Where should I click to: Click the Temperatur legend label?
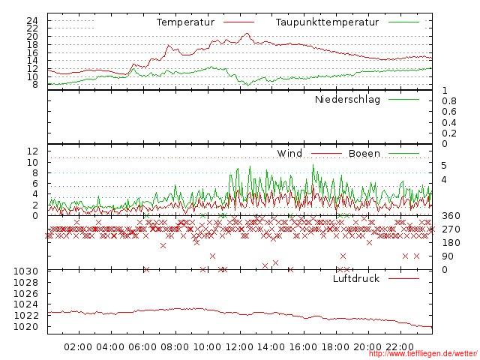click(185, 22)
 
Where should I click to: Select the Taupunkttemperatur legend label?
click(326, 22)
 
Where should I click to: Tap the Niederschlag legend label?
click(347, 100)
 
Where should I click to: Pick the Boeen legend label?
click(364, 154)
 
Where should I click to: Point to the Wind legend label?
click(289, 154)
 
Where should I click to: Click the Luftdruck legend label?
click(356, 279)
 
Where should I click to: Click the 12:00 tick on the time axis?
click(239, 346)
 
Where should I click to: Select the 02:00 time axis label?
click(78, 346)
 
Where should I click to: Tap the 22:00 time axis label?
click(400, 346)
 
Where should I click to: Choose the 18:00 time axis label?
click(336, 346)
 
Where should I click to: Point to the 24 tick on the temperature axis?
click(31, 19)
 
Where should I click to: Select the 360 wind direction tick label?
click(451, 216)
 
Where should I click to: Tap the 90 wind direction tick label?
click(448, 256)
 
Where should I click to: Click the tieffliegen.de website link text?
click(423, 354)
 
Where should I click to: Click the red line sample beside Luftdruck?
click(404, 279)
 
